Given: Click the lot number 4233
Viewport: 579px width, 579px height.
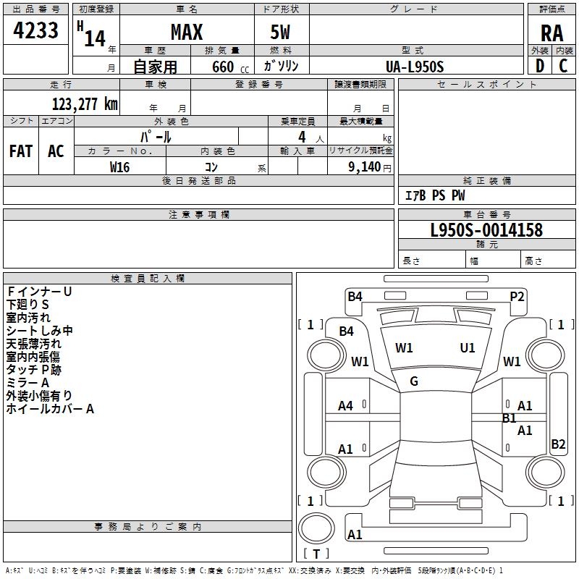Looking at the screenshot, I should pos(36,30).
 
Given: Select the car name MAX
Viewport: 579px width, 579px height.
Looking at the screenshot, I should pos(186,32).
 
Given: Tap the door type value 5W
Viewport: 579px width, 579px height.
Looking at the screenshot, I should pos(281,33).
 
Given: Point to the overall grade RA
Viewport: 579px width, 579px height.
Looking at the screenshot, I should pos(551,33).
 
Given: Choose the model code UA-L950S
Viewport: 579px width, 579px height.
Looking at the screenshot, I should pos(415,67).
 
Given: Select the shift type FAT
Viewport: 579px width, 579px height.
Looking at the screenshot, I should pos(20,151).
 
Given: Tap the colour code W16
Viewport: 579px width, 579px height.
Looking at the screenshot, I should pos(119,166).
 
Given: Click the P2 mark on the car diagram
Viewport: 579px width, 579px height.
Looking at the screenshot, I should pos(517,296).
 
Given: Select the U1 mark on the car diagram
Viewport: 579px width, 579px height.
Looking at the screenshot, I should pos(468,348).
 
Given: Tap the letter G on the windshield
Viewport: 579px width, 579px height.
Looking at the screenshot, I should pos(414,381).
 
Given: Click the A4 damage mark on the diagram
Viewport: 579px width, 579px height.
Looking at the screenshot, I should pos(346,406).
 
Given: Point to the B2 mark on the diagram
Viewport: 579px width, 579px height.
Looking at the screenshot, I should pos(558,444).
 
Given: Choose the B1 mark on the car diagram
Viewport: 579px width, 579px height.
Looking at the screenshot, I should pos(510,418).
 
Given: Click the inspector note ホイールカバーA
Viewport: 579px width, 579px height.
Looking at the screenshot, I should pos(50,409).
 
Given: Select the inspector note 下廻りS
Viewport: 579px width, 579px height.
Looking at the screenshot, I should pos(28,305).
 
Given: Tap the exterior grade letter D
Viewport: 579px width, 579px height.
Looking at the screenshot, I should pos(539,66).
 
